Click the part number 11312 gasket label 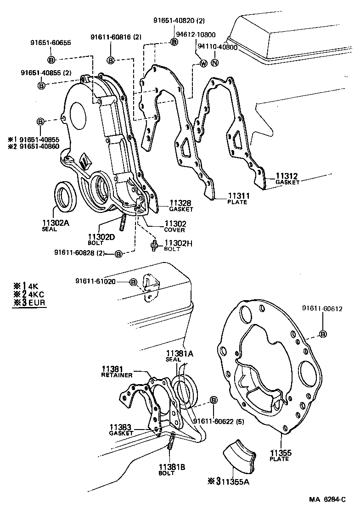coord(287,176)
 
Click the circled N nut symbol coord(214,63)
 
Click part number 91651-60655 coord(51,43)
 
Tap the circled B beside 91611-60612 coord(323,334)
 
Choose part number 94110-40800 coord(217,47)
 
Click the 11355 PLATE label coord(280,455)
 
